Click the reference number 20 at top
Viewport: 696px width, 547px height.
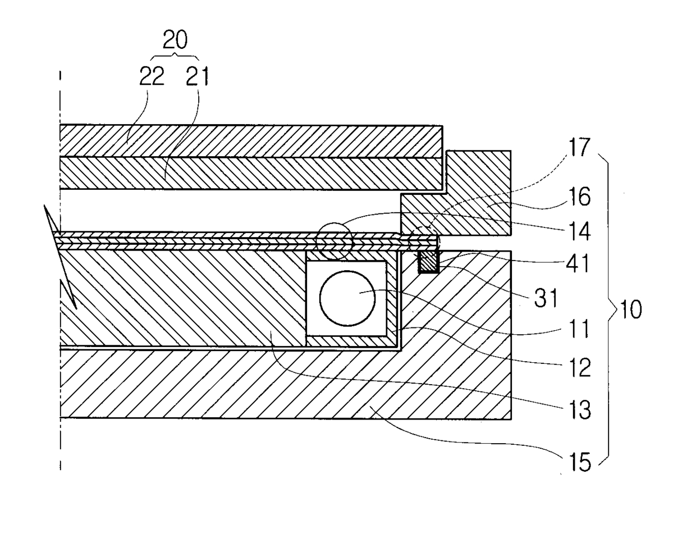pyautogui.click(x=175, y=40)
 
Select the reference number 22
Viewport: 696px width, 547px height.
pyautogui.click(x=152, y=76)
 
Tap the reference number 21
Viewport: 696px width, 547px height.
pyautogui.click(x=197, y=76)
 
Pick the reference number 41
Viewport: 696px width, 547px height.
pyautogui.click(x=578, y=263)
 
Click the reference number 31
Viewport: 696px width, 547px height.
pyautogui.click(x=546, y=298)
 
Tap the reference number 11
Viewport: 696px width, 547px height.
pyautogui.click(x=578, y=329)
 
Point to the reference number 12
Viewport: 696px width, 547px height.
pyautogui.click(x=578, y=368)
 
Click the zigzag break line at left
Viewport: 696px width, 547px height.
pyautogui.click(x=60, y=258)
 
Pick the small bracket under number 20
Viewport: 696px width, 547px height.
pyautogui.click(x=175, y=56)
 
